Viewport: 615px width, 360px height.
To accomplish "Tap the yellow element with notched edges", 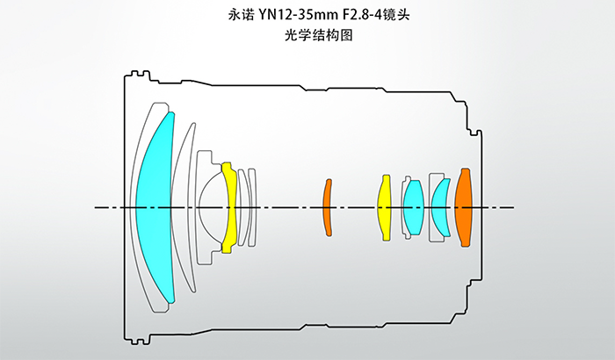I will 229,207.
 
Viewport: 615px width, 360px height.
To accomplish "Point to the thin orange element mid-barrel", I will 327,207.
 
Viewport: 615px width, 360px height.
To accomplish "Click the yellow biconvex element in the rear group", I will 384,207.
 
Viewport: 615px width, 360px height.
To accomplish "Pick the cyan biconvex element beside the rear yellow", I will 413,207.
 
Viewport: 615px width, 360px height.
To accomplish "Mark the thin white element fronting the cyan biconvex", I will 404,207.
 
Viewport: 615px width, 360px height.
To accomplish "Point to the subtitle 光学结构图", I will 307,36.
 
